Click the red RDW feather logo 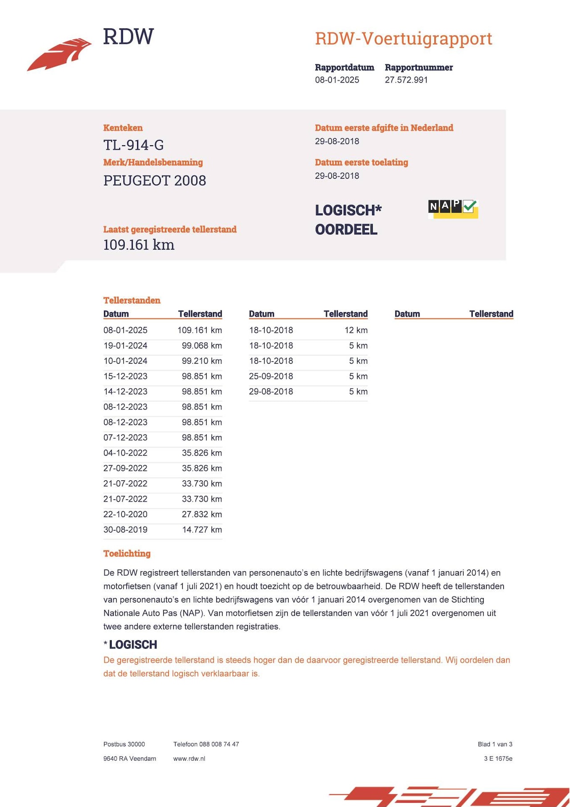pyautogui.click(x=59, y=54)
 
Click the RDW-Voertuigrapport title pyautogui.click(x=403, y=39)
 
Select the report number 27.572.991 pyautogui.click(x=406, y=80)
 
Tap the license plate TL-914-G pyautogui.click(x=134, y=145)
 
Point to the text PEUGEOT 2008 pyautogui.click(x=155, y=180)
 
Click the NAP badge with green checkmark pyautogui.click(x=453, y=209)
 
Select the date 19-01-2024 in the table pyautogui.click(x=125, y=346)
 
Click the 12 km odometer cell pyautogui.click(x=356, y=330)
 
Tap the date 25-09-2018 pyautogui.click(x=271, y=376)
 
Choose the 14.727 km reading pyautogui.click(x=202, y=529)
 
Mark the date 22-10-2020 pyautogui.click(x=125, y=514)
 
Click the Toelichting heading pyautogui.click(x=127, y=553)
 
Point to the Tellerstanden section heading pyautogui.click(x=132, y=300)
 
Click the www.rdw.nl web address pyautogui.click(x=189, y=758)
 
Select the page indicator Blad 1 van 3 pyautogui.click(x=495, y=744)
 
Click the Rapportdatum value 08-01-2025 pyautogui.click(x=337, y=80)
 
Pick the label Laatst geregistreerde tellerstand pyautogui.click(x=170, y=229)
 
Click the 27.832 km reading pyautogui.click(x=202, y=514)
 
